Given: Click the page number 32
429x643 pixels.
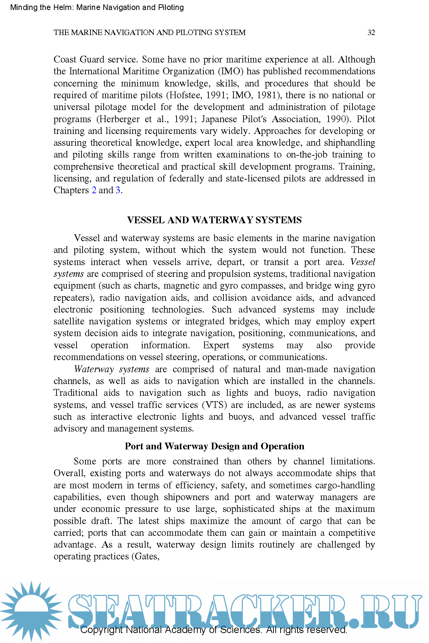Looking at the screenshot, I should (x=371, y=33).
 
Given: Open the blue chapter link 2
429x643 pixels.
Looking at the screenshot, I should (x=94, y=190).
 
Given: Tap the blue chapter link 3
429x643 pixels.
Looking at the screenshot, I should (x=118, y=190).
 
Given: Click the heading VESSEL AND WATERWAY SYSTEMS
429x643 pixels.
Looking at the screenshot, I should (x=214, y=220).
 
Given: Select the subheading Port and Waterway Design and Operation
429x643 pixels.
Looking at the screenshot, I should (x=214, y=446).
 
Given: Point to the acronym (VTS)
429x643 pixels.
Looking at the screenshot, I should (x=214, y=405).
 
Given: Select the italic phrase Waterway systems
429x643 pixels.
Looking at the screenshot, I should (x=112, y=369).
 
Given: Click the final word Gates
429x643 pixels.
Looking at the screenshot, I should (x=146, y=557).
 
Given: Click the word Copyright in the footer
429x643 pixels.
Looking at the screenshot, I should (x=101, y=630).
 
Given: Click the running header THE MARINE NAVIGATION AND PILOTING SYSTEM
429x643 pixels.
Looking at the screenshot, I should (x=149, y=33).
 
